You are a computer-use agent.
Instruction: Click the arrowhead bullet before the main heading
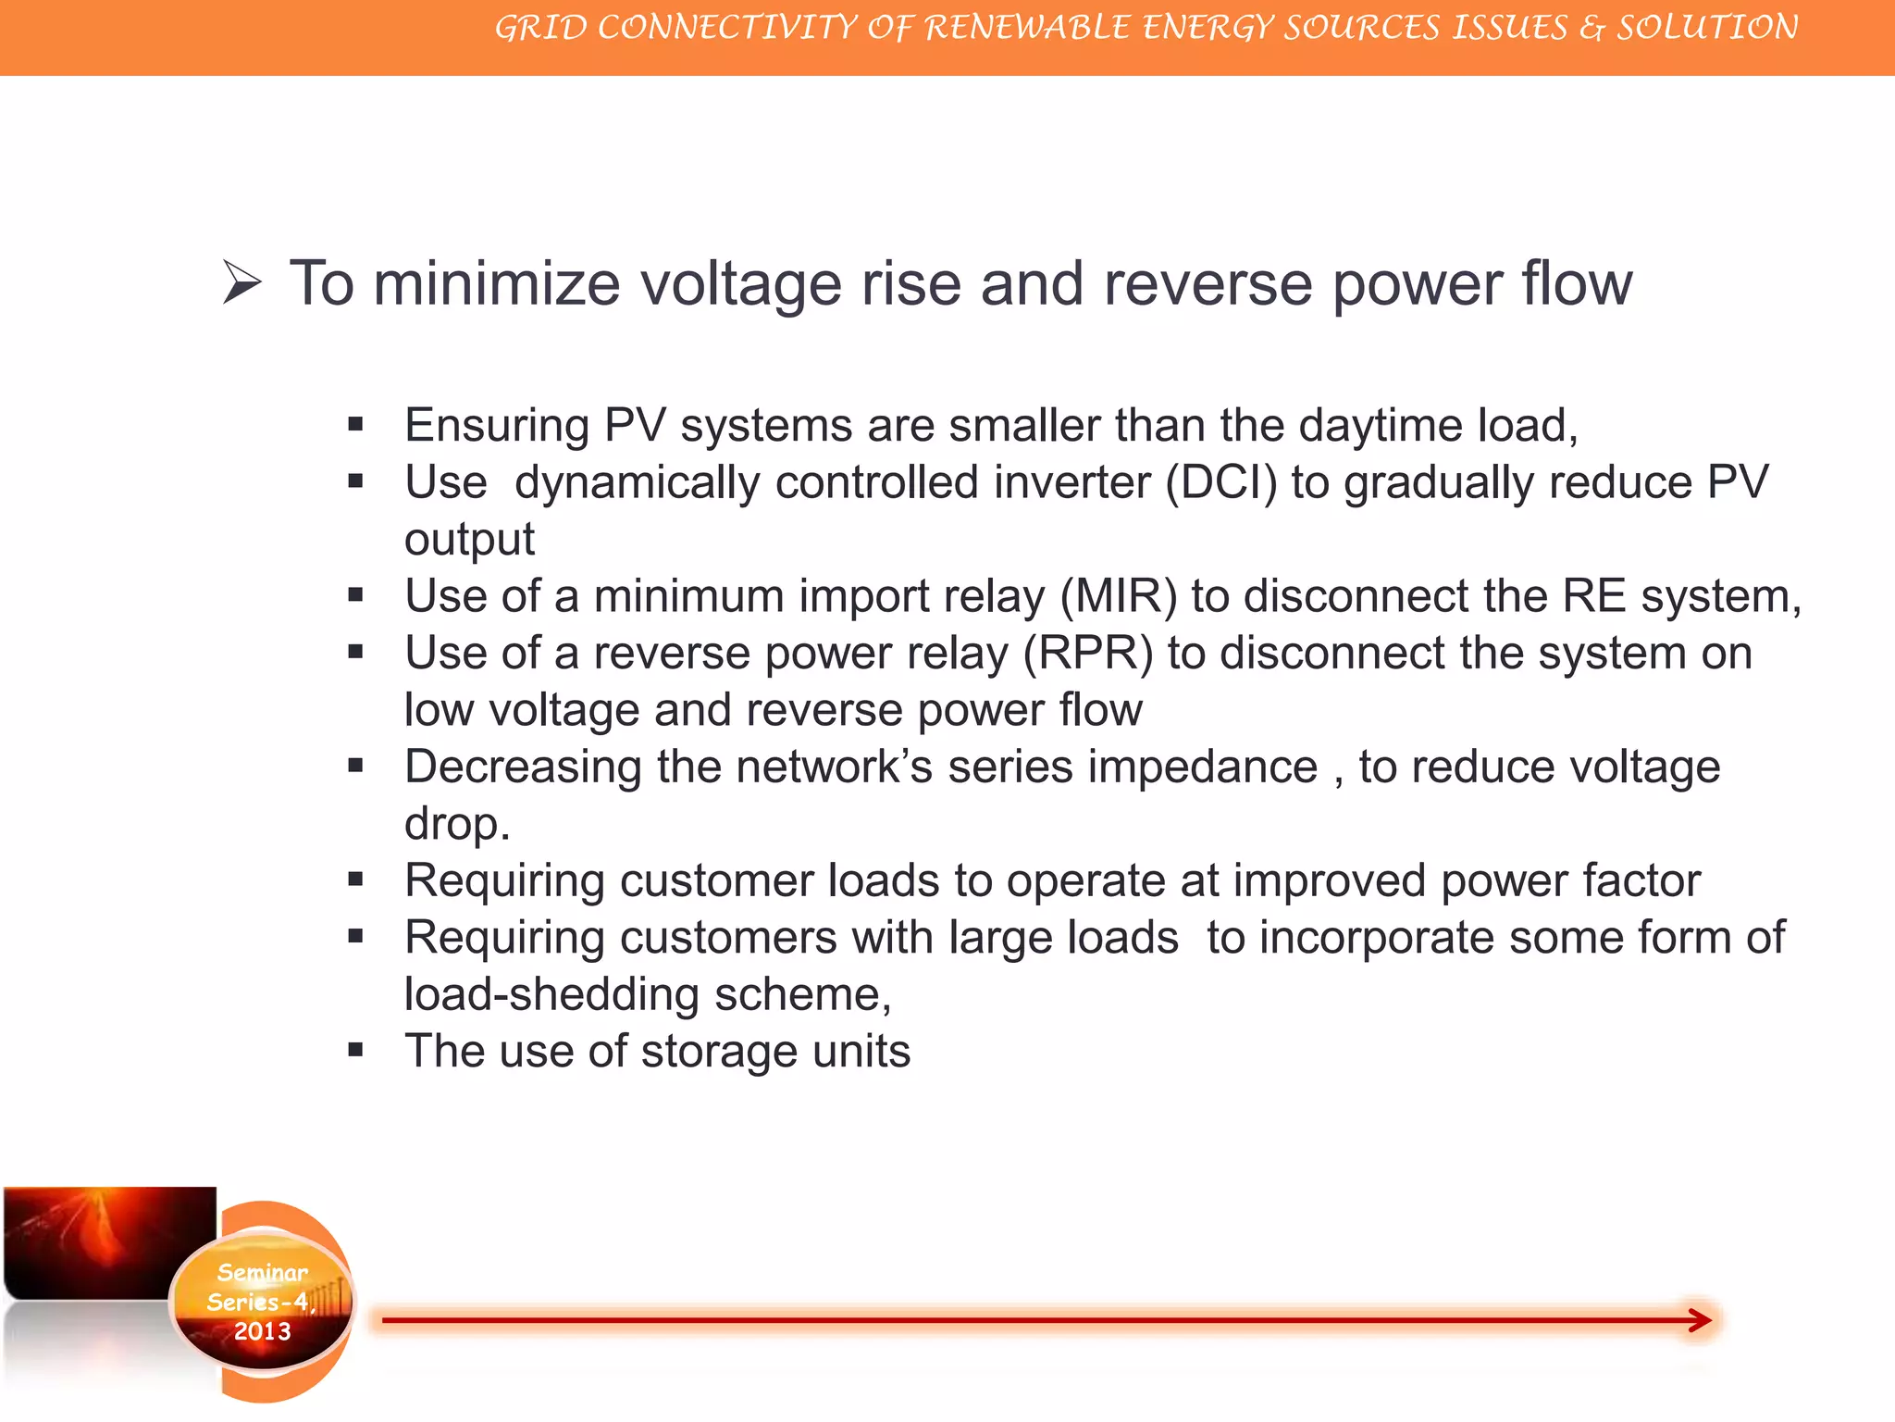coord(242,282)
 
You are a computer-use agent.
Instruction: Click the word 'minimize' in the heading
coord(496,283)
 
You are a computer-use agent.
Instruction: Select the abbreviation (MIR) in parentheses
coord(1119,596)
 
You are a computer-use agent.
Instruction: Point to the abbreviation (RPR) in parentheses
coord(1088,654)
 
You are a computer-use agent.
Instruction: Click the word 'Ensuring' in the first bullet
coord(497,427)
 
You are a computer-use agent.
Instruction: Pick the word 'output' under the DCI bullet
coord(469,540)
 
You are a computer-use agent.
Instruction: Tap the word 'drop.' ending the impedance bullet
coord(457,824)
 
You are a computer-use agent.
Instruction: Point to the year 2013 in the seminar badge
coord(262,1331)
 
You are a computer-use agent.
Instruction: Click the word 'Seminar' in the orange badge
coord(262,1273)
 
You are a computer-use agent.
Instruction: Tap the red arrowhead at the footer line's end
coord(1700,1320)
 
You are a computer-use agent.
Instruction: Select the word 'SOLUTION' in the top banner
coord(1707,28)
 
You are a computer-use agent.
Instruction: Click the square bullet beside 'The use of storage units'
coord(355,1051)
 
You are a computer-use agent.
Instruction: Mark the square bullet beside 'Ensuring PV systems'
coord(355,425)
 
